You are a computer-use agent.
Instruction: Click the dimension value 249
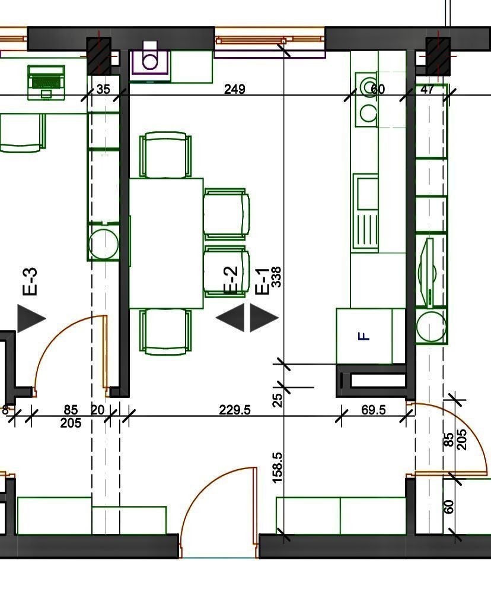point(235,89)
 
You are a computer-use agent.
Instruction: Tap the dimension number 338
point(276,277)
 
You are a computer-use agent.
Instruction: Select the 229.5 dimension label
point(235,410)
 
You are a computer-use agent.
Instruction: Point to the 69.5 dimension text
point(374,410)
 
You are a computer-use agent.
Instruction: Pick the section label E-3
point(31,281)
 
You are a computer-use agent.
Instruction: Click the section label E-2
point(231,280)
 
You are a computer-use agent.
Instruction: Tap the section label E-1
point(262,281)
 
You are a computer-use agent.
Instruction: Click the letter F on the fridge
point(364,337)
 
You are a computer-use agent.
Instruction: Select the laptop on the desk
point(46,82)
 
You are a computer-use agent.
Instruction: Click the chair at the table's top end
point(165,155)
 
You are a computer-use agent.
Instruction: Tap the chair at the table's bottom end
point(165,332)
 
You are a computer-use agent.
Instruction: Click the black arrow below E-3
point(31,318)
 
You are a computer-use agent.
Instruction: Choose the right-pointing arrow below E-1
point(264,318)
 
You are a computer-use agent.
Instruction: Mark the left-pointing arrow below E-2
point(230,318)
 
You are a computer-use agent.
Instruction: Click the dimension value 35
point(103,89)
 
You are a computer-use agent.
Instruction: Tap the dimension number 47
point(428,89)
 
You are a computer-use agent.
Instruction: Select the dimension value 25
point(278,400)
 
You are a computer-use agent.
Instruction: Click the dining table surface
point(166,243)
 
